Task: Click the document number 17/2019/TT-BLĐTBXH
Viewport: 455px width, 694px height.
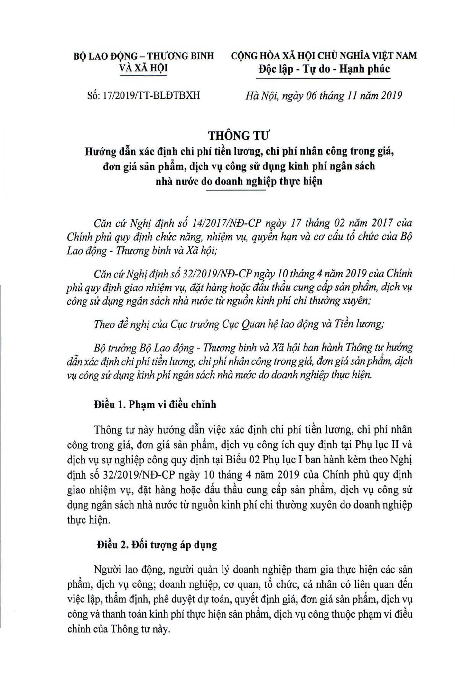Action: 154,95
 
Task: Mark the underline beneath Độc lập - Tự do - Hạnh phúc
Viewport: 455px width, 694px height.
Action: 323,78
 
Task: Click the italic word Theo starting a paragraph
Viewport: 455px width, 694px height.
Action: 104,324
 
